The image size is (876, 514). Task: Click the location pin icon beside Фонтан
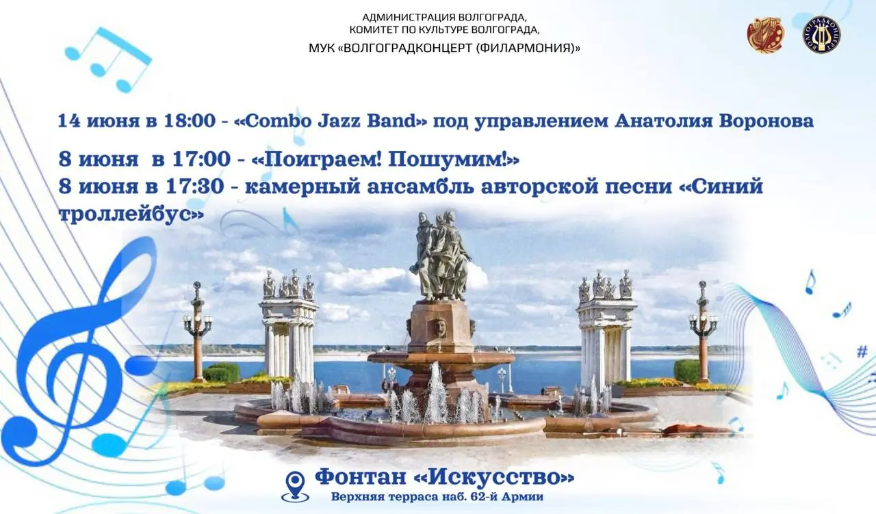pyautogui.click(x=296, y=485)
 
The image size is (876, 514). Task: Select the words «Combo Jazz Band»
pyautogui.click(x=331, y=122)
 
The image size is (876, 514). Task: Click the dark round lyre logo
pyautogui.click(x=821, y=35)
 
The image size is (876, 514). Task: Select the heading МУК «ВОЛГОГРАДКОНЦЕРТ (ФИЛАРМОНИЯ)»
pyautogui.click(x=444, y=48)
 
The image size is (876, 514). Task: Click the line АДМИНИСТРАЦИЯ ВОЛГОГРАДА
pyautogui.click(x=444, y=16)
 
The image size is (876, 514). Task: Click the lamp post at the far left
pyautogui.click(x=197, y=328)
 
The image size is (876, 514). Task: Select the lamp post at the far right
pyautogui.click(x=702, y=328)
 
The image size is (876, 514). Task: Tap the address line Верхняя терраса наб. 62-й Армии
pyautogui.click(x=437, y=497)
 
